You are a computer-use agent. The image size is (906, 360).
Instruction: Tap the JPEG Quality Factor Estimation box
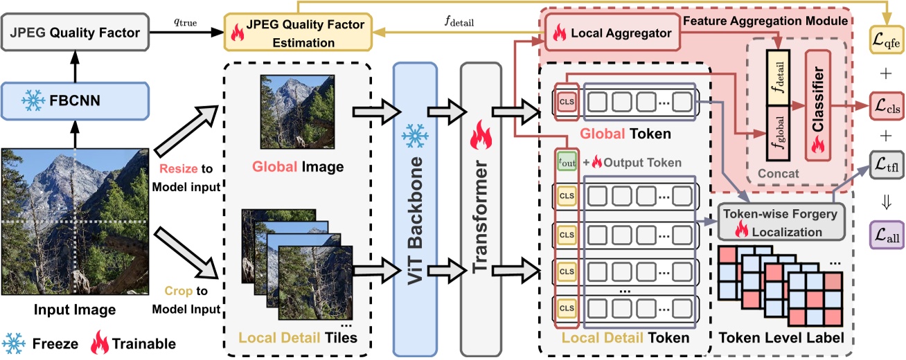point(297,33)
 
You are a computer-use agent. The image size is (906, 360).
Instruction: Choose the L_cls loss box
point(886,107)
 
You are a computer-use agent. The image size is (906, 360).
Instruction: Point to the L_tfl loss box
point(886,165)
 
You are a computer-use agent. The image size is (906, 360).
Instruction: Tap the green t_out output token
point(567,163)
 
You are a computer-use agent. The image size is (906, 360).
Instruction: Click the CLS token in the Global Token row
point(567,102)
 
